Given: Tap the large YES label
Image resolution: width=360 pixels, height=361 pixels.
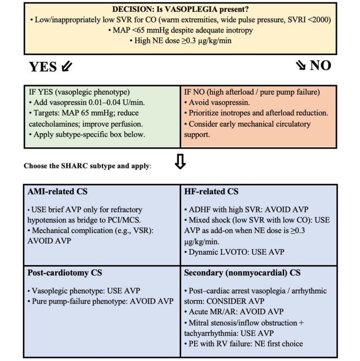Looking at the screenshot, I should [x=43, y=67].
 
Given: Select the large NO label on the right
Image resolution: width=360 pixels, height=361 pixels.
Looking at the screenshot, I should [x=320, y=66].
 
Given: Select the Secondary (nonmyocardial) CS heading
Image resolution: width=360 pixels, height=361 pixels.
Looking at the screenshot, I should [x=242, y=272].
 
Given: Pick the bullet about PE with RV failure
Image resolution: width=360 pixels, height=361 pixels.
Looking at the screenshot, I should [x=244, y=343].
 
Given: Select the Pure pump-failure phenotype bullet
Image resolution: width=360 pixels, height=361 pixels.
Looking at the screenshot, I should [x=102, y=301].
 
